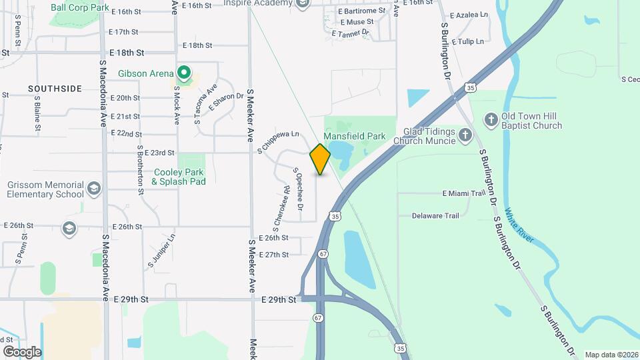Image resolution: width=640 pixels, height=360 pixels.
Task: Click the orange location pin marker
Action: (x=321, y=159)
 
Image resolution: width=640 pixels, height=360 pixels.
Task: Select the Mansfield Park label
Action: (x=355, y=137)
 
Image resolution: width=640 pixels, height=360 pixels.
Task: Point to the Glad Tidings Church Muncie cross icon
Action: (x=465, y=136)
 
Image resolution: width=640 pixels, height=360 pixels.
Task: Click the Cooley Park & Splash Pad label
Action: (x=178, y=177)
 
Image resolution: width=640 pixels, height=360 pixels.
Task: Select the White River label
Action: (x=519, y=225)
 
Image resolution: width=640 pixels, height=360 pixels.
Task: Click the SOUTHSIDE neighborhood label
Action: (x=55, y=89)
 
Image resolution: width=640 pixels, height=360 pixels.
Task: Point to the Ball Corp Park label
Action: (x=79, y=7)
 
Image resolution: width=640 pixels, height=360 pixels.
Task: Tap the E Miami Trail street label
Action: (x=463, y=193)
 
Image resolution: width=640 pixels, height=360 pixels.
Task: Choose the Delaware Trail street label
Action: (x=435, y=216)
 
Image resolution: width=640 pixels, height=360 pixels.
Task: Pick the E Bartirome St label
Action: (x=361, y=11)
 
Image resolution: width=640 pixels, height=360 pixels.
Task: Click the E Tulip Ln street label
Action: (x=467, y=41)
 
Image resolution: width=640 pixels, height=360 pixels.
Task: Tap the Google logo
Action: (x=22, y=351)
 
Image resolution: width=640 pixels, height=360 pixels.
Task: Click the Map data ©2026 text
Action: (x=611, y=355)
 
